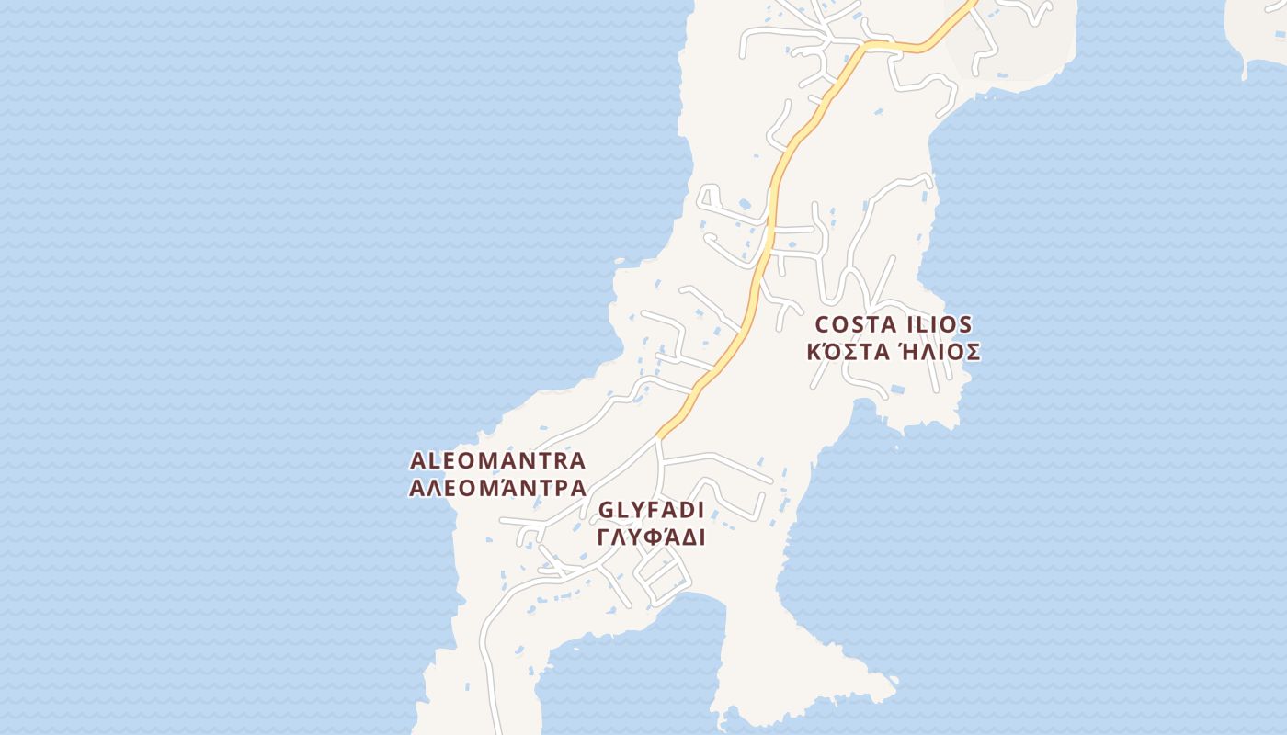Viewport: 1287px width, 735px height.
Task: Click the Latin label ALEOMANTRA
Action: [497, 459]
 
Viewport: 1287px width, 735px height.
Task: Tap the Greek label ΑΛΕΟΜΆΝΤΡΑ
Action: [497, 487]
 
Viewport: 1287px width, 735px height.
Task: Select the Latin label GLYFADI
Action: [651, 510]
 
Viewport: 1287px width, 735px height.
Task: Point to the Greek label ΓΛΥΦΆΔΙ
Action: [651, 537]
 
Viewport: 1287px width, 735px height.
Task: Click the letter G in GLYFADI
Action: [606, 511]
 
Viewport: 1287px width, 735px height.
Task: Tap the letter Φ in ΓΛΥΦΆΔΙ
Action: [653, 537]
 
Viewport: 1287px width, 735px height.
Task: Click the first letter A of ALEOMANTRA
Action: [418, 460]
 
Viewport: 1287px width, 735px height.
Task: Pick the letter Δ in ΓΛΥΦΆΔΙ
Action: [686, 537]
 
